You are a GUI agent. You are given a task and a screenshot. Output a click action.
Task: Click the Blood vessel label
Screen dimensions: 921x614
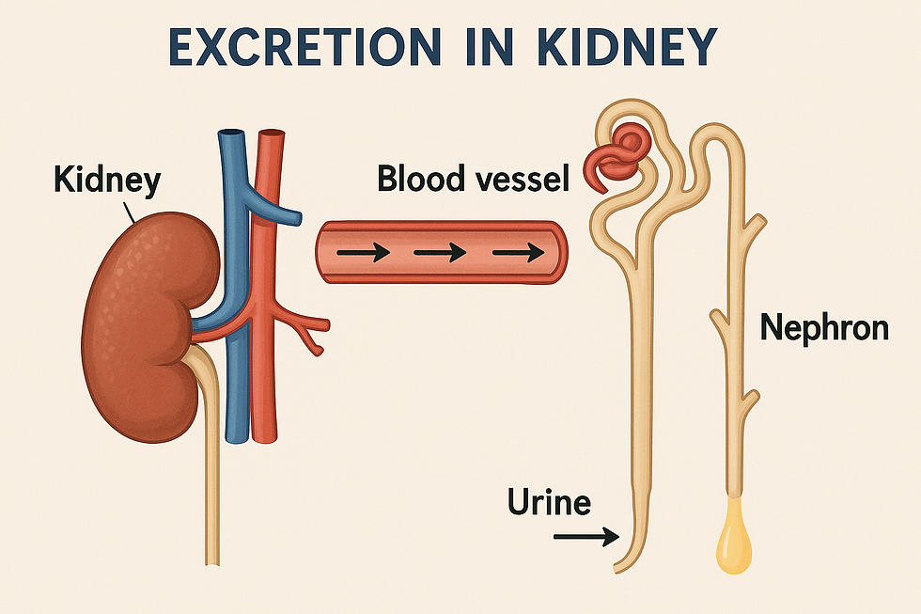click(473, 178)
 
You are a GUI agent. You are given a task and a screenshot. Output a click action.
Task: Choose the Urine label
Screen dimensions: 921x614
click(549, 502)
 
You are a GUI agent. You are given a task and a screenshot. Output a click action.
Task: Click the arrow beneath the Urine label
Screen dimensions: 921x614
click(584, 537)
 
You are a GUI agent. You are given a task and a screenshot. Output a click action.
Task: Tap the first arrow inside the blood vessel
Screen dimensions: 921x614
click(361, 253)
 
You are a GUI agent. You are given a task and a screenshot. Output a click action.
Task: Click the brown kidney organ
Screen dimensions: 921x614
click(146, 320)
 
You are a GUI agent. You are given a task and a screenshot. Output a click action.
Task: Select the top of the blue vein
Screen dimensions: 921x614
click(230, 141)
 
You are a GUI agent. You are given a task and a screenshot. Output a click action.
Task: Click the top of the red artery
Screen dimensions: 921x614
click(270, 141)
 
